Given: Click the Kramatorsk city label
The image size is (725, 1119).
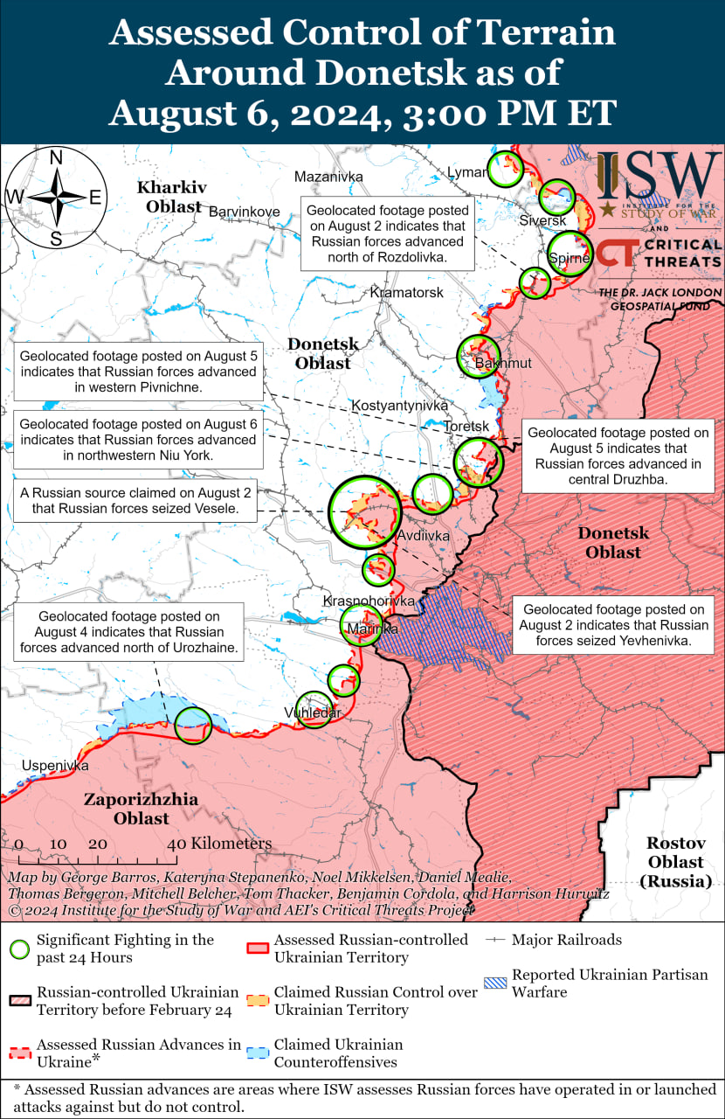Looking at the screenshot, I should [x=406, y=292].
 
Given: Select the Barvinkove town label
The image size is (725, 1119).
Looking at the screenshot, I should [x=244, y=212].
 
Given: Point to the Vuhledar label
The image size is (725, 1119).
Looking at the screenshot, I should [x=312, y=713].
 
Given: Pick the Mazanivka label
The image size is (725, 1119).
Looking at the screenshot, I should [x=328, y=177].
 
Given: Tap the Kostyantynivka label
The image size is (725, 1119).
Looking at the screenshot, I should [x=399, y=406].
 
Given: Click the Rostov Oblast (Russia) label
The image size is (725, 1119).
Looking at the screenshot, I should [x=675, y=862].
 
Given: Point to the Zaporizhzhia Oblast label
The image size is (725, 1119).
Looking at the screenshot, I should [x=141, y=809].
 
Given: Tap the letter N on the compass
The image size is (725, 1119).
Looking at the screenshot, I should [x=56, y=158].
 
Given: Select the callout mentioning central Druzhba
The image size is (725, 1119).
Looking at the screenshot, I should [x=618, y=456].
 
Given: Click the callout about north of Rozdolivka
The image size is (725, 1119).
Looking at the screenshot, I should [x=388, y=233].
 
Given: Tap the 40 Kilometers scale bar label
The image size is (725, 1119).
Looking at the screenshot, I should [x=221, y=844].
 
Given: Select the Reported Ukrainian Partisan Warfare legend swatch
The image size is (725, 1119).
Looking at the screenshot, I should [x=494, y=983].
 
